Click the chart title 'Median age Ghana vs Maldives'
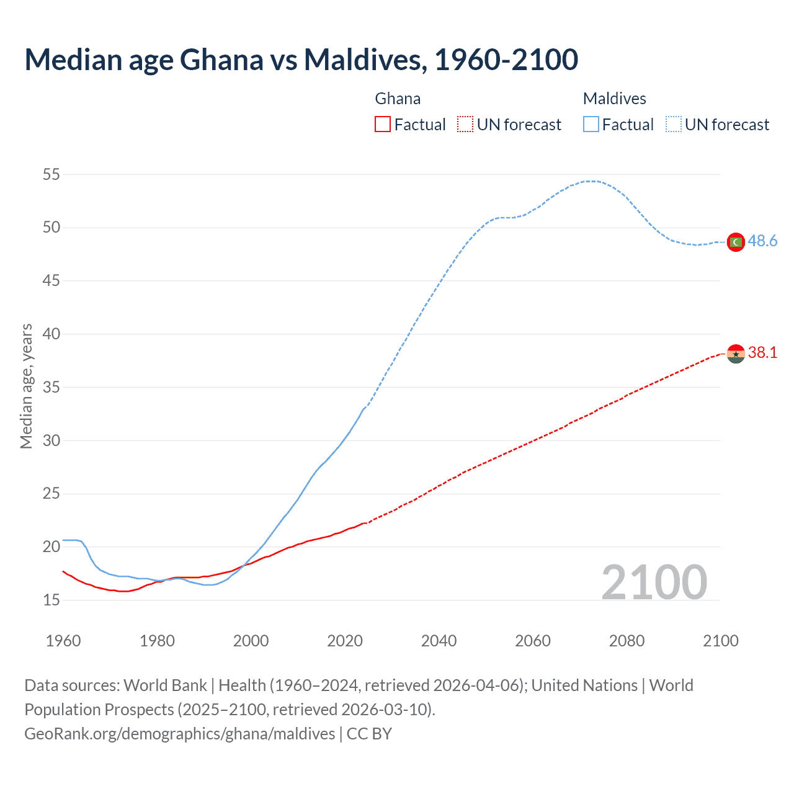click(x=301, y=60)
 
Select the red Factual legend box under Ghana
click(x=383, y=124)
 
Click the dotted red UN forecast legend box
click(x=465, y=124)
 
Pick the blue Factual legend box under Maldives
click(x=591, y=124)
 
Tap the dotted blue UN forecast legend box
click(x=673, y=124)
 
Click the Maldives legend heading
click(x=614, y=99)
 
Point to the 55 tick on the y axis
click(x=51, y=174)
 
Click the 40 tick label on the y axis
click(x=51, y=334)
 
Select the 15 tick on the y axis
click(x=51, y=600)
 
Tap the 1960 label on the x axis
click(x=63, y=641)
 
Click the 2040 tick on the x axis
click(x=439, y=641)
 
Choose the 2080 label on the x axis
click(x=627, y=641)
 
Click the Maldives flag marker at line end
click(x=736, y=242)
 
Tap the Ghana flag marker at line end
click(x=736, y=354)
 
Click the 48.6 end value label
click(x=762, y=241)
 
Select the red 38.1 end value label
click(x=762, y=352)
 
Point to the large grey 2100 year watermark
click(x=654, y=582)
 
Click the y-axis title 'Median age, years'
click(x=26, y=386)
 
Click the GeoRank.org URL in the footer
click(x=180, y=734)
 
